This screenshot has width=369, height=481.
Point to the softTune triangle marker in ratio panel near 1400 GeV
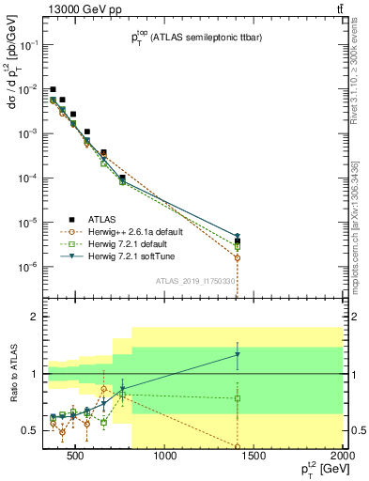point(238,355)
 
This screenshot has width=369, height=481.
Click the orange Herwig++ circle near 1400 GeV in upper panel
point(238,257)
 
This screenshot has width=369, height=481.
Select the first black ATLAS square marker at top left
point(54,89)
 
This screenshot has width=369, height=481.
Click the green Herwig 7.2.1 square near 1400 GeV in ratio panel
point(238,398)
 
